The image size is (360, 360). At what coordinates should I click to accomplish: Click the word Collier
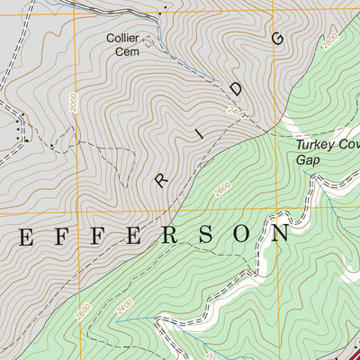(x=122, y=38)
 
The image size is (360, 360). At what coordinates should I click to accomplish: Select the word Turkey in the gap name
(x=312, y=144)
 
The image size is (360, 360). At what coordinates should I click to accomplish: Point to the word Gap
(x=307, y=158)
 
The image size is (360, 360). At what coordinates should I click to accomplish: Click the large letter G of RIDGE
(x=276, y=38)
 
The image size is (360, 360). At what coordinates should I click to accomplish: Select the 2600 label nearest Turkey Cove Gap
(x=222, y=191)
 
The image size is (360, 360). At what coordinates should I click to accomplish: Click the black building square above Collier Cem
(x=163, y=13)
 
